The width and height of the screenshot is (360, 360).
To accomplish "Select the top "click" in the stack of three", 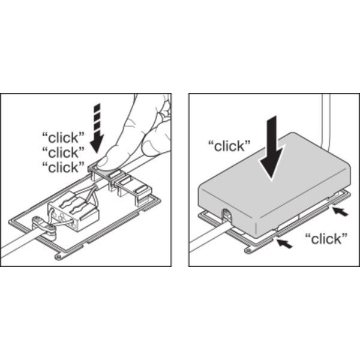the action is tap(64, 137).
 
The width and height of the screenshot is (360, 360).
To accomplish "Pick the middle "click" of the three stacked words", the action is tap(64, 152).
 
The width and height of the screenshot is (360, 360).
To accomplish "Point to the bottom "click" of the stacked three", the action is tap(64, 167).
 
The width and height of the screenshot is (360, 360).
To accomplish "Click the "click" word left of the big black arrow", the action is tap(229, 146).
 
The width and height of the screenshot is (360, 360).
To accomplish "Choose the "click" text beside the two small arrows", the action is tap(326, 239).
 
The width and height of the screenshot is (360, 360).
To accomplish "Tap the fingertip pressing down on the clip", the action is tap(104, 161).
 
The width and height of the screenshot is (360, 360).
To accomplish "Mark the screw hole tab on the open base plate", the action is tap(59, 256).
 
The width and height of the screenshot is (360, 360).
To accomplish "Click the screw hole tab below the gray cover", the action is tap(248, 250).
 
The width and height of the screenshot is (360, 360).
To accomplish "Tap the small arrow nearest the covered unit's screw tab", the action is tap(285, 244).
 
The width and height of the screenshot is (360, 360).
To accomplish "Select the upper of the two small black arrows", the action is tap(341, 211).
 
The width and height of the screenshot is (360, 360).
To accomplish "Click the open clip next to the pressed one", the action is tap(134, 189).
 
